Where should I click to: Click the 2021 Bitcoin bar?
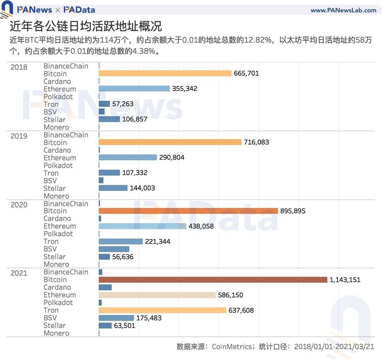pyautogui.click(x=213, y=280)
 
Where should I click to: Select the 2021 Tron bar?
pyautogui.click(x=162, y=310)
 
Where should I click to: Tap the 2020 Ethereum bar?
pyautogui.click(x=142, y=226)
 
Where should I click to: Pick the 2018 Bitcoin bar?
pyautogui.click(x=165, y=73)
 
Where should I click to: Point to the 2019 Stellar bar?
pyautogui.click(x=113, y=188)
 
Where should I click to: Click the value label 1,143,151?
pyautogui.click(x=345, y=280)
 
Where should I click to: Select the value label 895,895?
pyautogui.click(x=293, y=211)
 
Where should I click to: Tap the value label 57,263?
pyautogui.click(x=123, y=104)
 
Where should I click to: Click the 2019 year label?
pyautogui.click(x=19, y=136)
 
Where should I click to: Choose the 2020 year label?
pyautogui.click(x=19, y=205)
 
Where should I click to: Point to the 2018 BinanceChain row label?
pyautogui.click(x=66, y=66)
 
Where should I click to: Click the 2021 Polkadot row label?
pyautogui.click(x=58, y=303)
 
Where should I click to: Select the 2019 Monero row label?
pyautogui.click(x=56, y=196)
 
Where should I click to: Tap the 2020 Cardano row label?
pyautogui.click(x=57, y=219)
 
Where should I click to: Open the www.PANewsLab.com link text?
pyautogui.click(x=343, y=10)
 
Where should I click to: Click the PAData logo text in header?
pyautogui.click(x=79, y=10)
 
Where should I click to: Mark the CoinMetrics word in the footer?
pyautogui.click(x=231, y=346)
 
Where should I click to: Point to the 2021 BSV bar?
pyautogui.click(x=116, y=318)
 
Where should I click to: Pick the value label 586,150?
pyautogui.click(x=230, y=295)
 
